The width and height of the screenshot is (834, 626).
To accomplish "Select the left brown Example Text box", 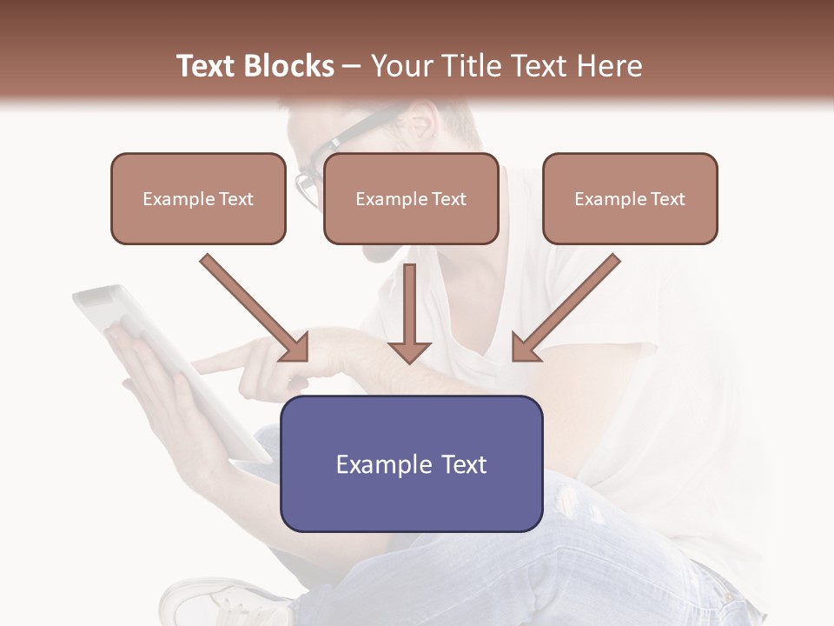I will (x=198, y=198).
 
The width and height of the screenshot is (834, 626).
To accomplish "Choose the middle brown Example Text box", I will (x=411, y=198).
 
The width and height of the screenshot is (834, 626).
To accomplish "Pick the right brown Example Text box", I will (x=630, y=198).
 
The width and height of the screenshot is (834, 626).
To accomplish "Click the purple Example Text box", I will (x=411, y=463).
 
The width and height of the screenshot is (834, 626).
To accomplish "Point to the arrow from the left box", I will (x=255, y=309).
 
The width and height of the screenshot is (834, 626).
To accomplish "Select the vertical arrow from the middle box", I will (x=409, y=313).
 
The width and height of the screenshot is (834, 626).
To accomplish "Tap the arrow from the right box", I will (x=566, y=309).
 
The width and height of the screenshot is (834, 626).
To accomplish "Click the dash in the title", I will (x=352, y=66).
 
